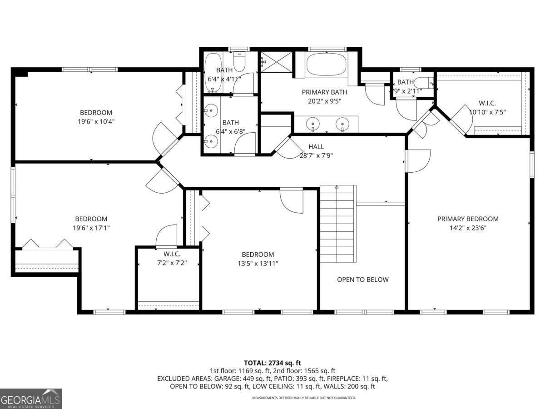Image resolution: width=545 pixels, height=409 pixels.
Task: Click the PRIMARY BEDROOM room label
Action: [468, 219]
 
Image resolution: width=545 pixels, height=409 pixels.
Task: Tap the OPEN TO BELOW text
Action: [362, 279]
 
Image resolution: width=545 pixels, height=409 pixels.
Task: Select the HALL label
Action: [316, 146]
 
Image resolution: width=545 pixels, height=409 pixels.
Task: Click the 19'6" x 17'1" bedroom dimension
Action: [91, 228]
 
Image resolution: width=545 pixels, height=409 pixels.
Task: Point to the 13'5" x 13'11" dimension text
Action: [258, 263]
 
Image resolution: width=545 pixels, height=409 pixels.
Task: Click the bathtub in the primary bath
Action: [327, 65]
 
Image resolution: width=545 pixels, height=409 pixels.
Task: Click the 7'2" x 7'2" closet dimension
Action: [169, 263]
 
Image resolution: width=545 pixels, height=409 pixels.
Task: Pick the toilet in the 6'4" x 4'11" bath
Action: [239, 59]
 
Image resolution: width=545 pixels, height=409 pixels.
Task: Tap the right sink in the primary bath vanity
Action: [342, 124]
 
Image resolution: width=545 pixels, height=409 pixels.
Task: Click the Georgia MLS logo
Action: [31, 399]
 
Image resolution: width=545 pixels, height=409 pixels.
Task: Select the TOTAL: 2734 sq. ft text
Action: [272, 363]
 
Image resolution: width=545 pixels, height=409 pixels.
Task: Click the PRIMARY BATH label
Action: [324, 92]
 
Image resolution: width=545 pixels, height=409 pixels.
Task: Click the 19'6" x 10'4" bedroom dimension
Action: [96, 121]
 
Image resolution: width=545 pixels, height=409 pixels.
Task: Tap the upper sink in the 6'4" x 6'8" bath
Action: [210, 110]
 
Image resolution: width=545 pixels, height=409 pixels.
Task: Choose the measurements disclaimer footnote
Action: [304, 398]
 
